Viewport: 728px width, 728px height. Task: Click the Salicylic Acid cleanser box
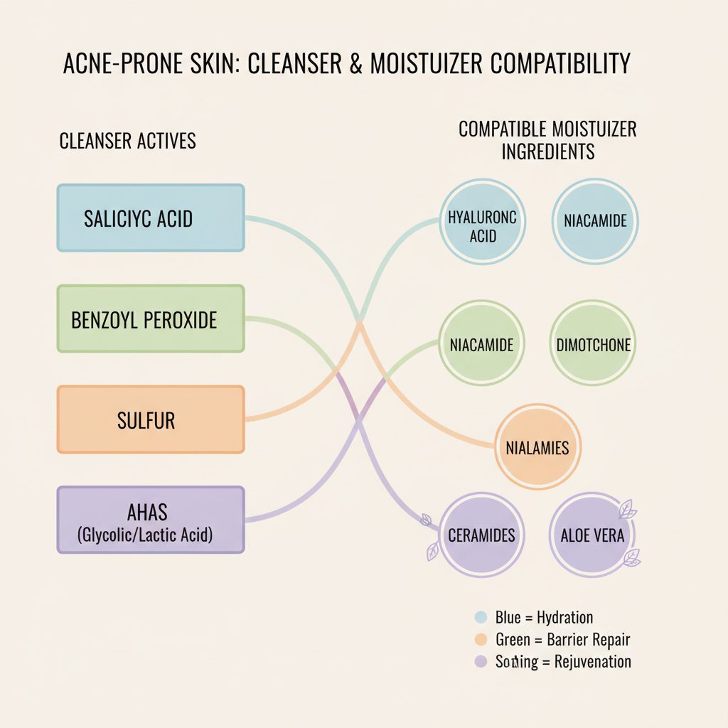click(x=150, y=218)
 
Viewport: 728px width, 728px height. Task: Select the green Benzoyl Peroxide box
click(x=150, y=318)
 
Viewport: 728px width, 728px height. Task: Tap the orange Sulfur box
click(x=150, y=419)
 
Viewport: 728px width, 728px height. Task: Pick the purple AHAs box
click(x=150, y=520)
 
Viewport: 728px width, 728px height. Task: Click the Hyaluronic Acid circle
click(x=483, y=221)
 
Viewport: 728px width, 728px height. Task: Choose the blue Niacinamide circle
click(x=595, y=221)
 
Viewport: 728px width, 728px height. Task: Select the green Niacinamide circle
click(x=482, y=345)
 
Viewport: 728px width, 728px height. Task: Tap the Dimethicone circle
click(x=593, y=345)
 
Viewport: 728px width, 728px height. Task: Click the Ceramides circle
click(x=481, y=535)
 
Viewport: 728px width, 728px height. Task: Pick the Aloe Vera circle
click(x=592, y=535)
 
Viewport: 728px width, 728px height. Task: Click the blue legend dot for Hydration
click(x=481, y=617)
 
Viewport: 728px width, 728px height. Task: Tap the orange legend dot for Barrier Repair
click(x=481, y=640)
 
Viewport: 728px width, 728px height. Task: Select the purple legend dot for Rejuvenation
click(x=481, y=662)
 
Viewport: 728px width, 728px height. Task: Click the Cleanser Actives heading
click(x=127, y=141)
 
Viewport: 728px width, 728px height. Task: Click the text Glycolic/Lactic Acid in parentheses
click(x=145, y=535)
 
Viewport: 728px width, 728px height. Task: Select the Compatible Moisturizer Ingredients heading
click(x=547, y=140)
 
